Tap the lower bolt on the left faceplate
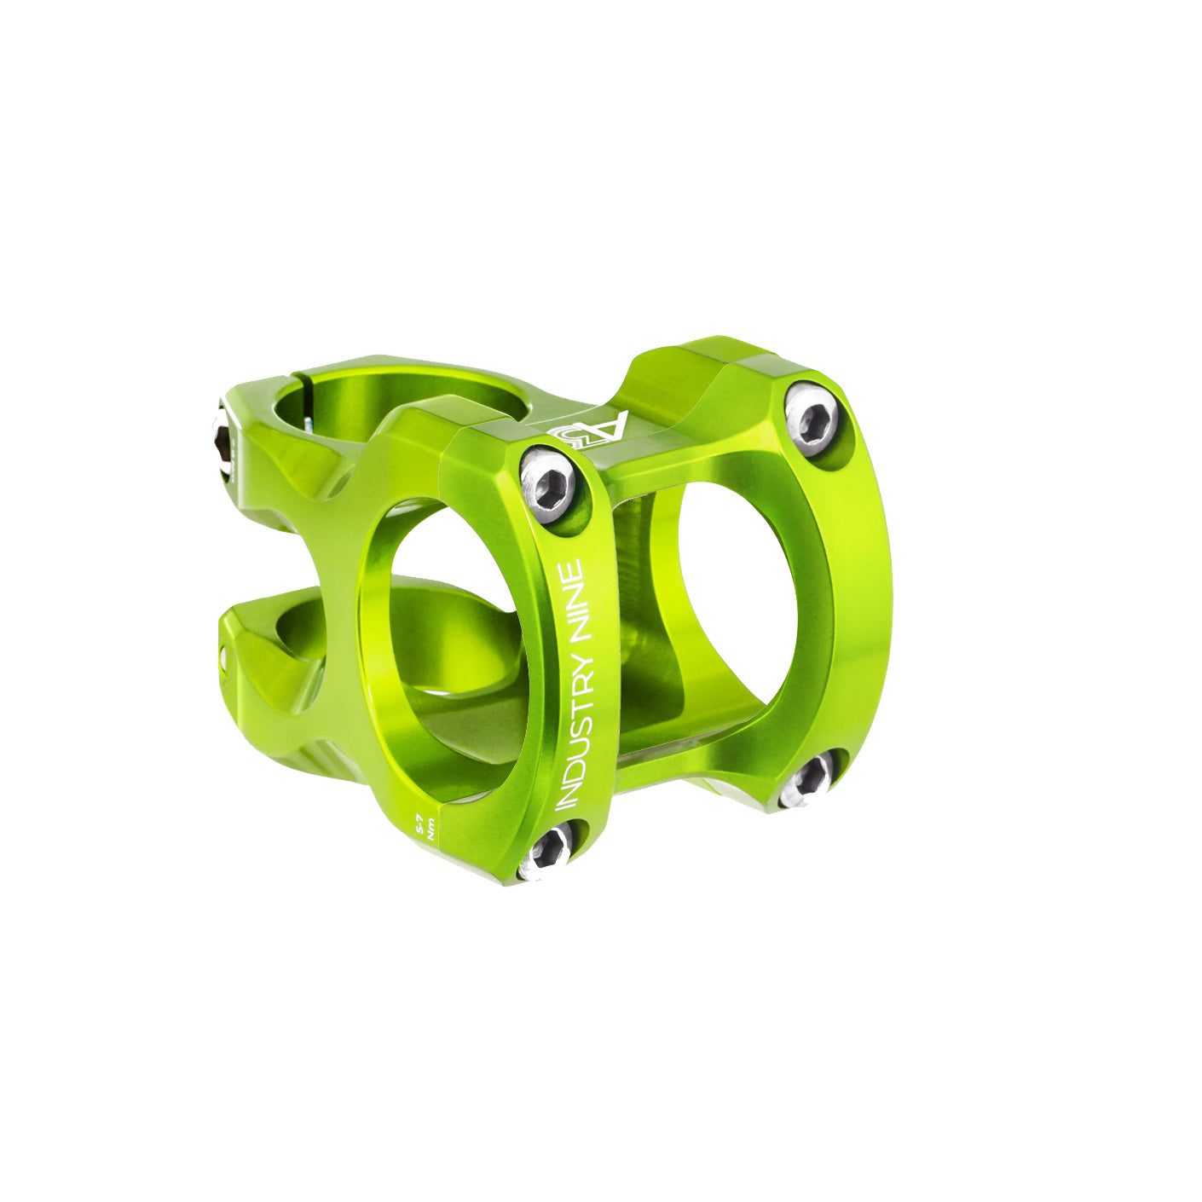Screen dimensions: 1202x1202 coord(547,849)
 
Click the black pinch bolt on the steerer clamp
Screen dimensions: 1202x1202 coord(223,446)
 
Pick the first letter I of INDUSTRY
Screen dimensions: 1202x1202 coord(567,806)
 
